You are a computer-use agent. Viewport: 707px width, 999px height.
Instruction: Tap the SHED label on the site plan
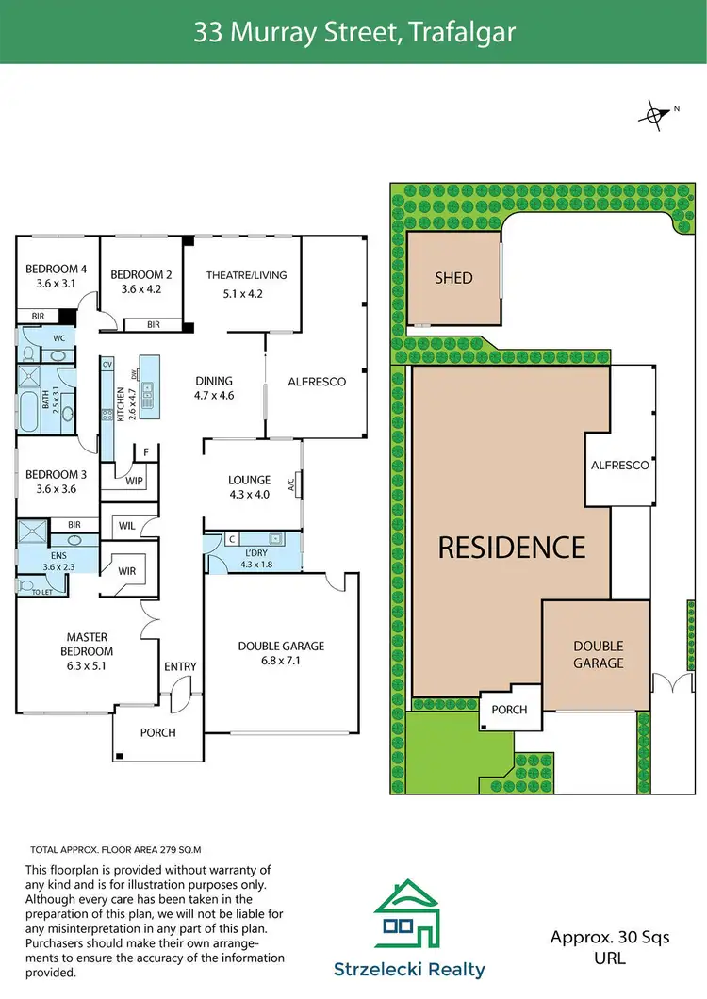(453, 278)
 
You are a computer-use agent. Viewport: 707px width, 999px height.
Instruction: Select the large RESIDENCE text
(512, 547)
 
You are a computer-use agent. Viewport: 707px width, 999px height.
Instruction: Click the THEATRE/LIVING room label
(246, 275)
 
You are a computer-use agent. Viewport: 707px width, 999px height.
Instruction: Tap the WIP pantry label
(134, 481)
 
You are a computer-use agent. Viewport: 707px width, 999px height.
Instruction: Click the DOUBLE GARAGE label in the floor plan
(281, 646)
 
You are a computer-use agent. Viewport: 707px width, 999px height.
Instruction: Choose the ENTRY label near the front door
(180, 666)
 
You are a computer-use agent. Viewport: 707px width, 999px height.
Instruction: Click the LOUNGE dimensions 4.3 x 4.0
(249, 494)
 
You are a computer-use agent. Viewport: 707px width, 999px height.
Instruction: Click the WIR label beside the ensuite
(126, 569)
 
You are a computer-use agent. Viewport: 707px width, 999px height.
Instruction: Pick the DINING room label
(214, 382)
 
